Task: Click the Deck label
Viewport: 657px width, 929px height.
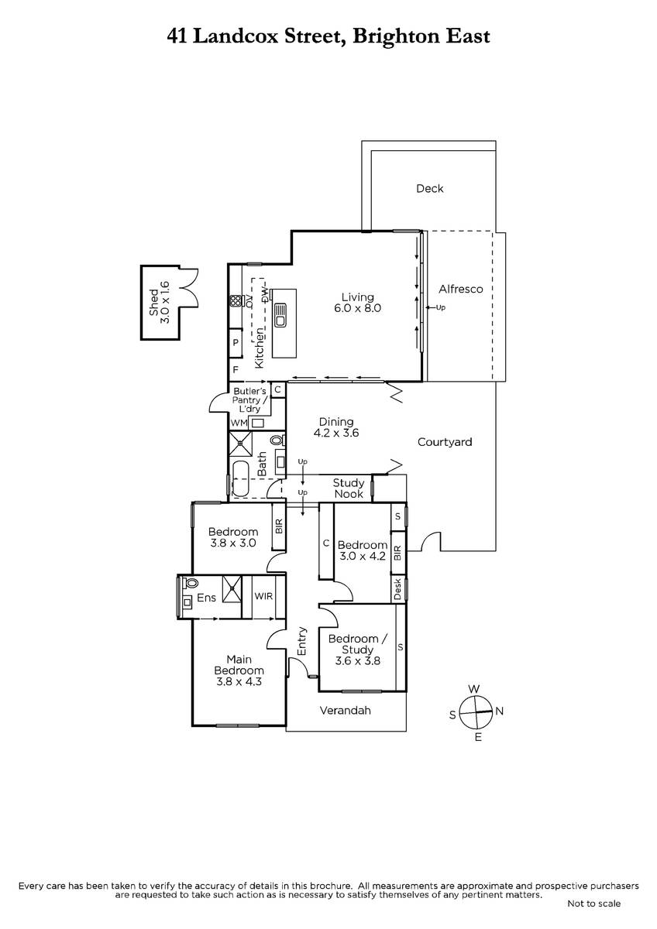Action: pyautogui.click(x=429, y=189)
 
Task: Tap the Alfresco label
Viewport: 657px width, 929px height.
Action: pyautogui.click(x=461, y=289)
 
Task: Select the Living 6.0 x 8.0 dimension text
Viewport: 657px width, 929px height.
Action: pyautogui.click(x=357, y=308)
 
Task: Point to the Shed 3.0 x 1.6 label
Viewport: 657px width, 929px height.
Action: pyautogui.click(x=160, y=303)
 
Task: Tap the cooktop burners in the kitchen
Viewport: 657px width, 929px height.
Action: pyautogui.click(x=236, y=300)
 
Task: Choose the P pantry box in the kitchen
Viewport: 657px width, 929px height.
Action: pyautogui.click(x=236, y=342)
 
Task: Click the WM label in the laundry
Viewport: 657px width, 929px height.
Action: pyautogui.click(x=239, y=423)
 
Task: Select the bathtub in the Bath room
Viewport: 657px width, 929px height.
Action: pyautogui.click(x=240, y=478)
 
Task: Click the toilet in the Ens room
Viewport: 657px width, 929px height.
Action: pyautogui.click(x=190, y=583)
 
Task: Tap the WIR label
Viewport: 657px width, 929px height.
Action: pyautogui.click(x=263, y=596)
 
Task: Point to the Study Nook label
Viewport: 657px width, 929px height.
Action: pyautogui.click(x=349, y=488)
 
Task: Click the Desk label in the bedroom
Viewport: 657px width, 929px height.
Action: pyautogui.click(x=397, y=589)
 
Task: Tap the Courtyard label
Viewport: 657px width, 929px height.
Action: pyautogui.click(x=445, y=442)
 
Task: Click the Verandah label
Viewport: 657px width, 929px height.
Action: pyautogui.click(x=345, y=711)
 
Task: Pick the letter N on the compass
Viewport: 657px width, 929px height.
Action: pyautogui.click(x=499, y=711)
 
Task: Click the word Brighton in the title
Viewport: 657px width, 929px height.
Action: pyautogui.click(x=396, y=37)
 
